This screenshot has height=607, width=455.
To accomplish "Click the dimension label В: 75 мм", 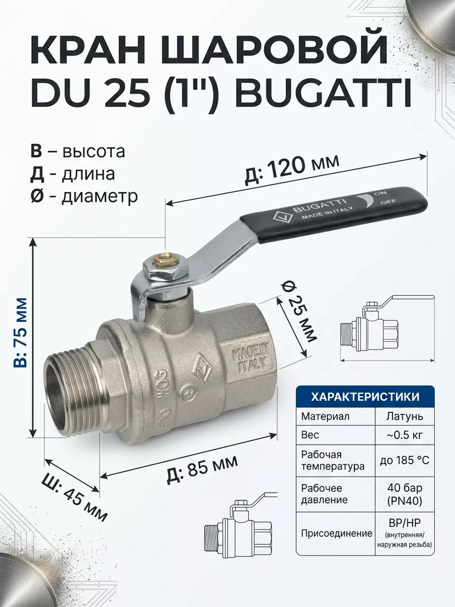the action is [20, 333].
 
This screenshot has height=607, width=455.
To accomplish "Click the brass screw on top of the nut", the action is [165, 256].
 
